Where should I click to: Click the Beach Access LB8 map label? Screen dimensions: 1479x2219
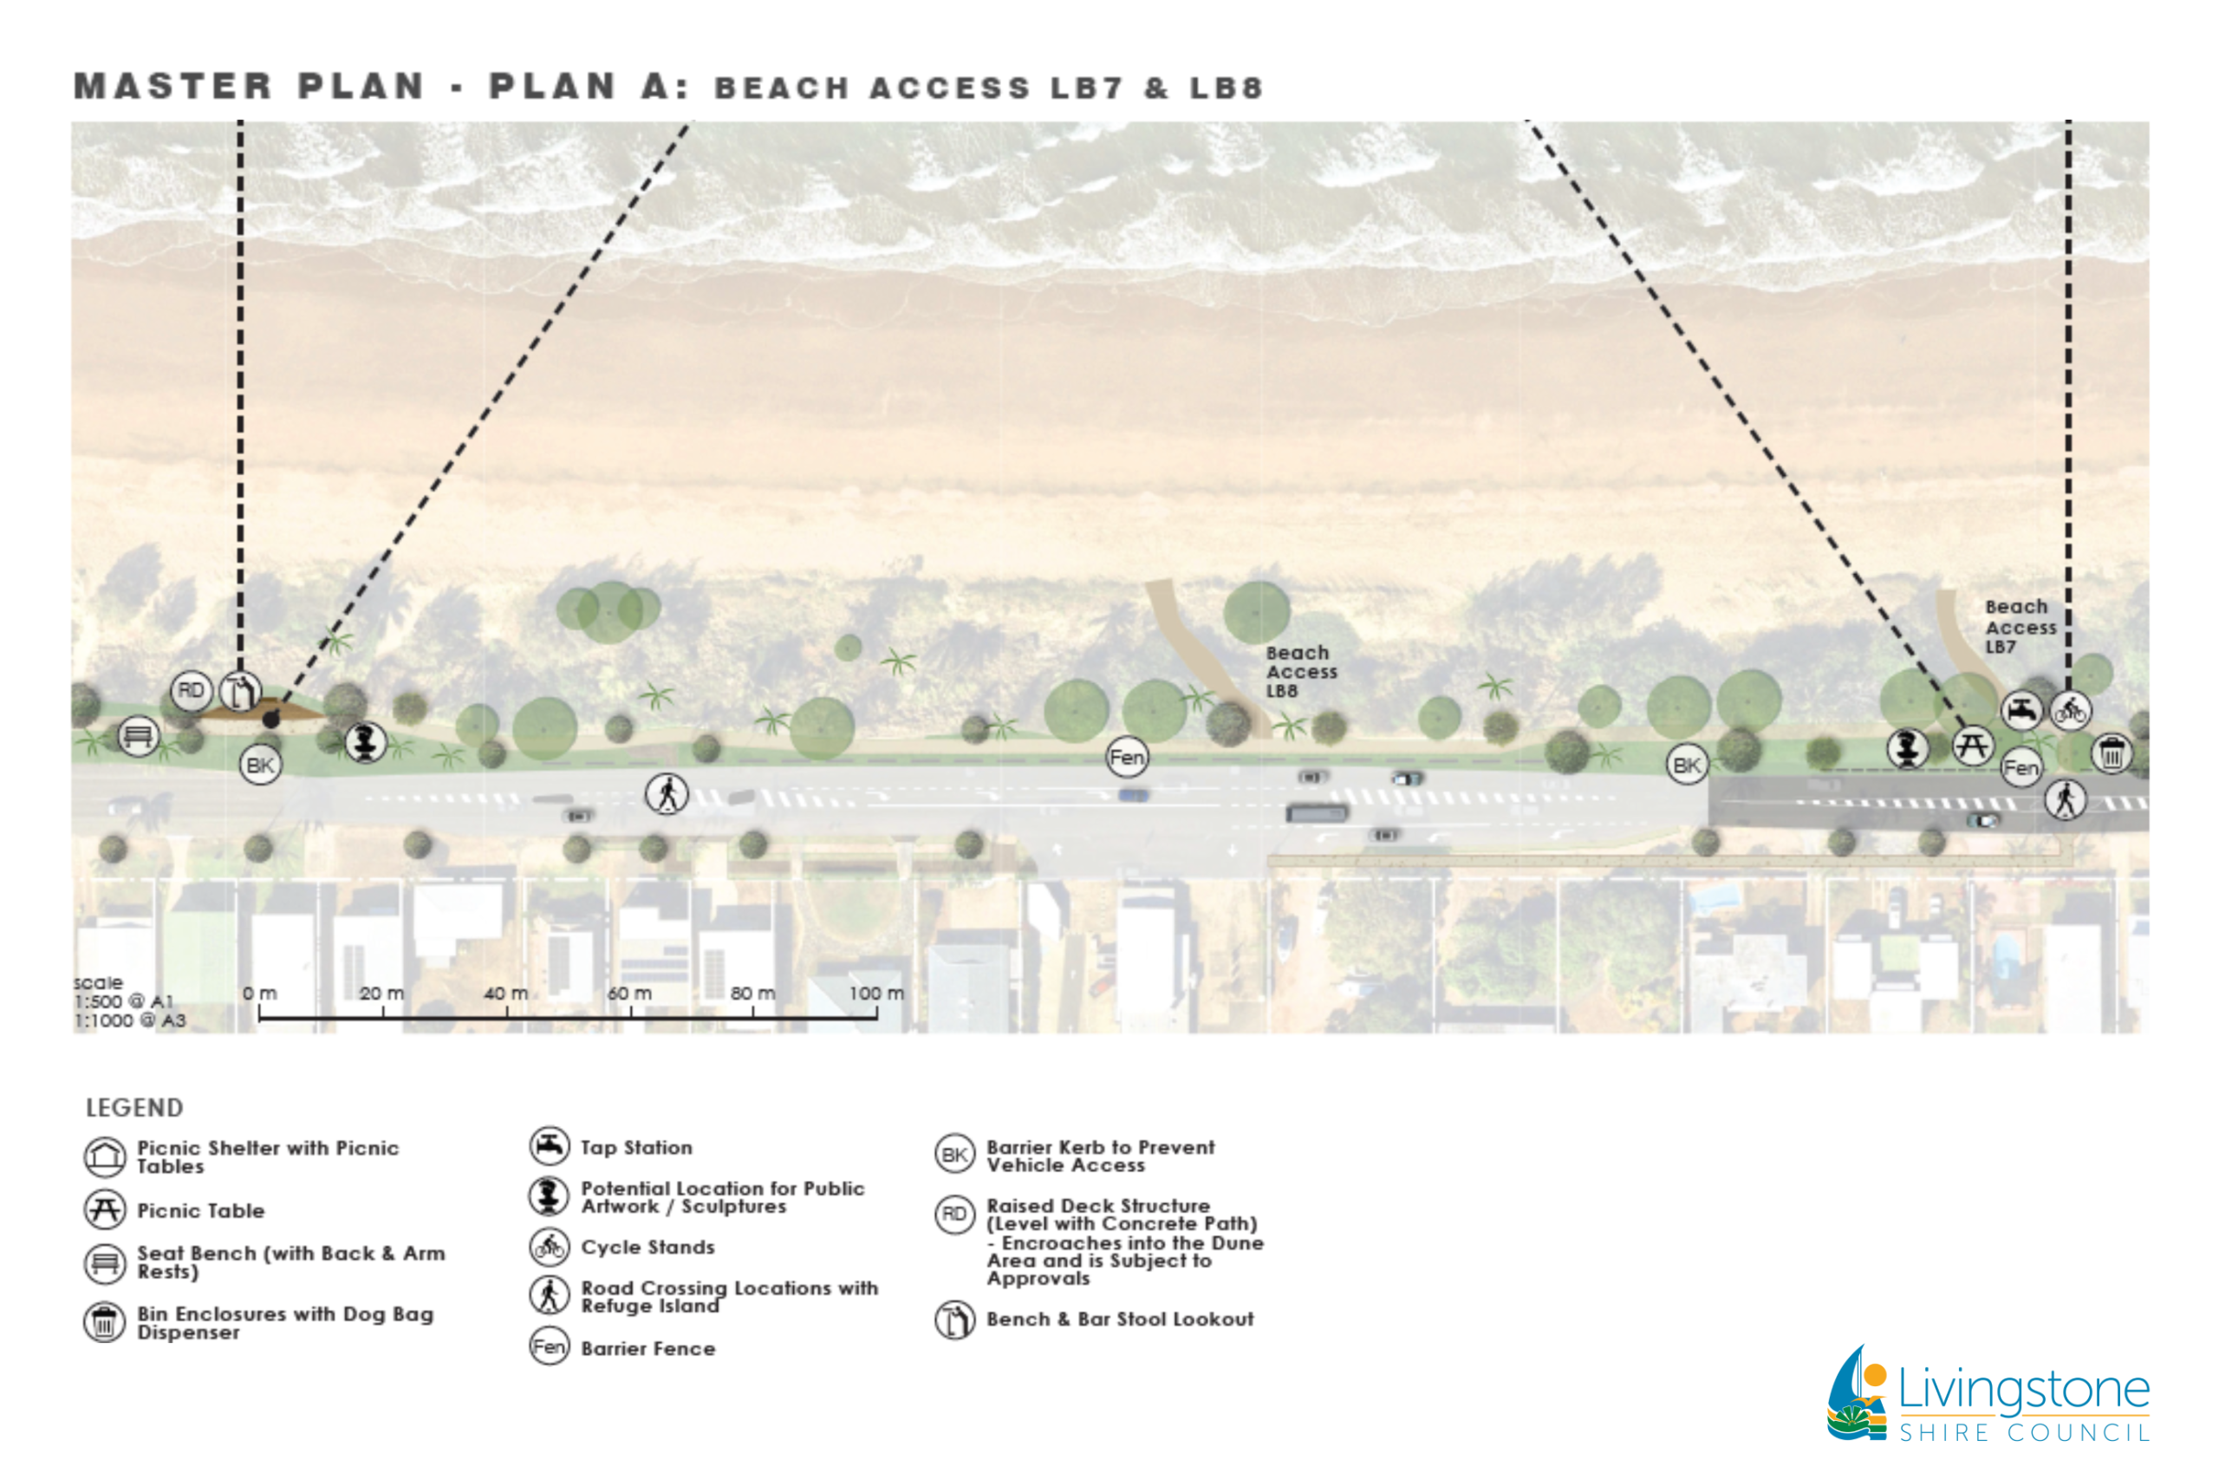click(1300, 671)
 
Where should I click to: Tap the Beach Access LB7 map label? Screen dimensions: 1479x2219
click(2019, 626)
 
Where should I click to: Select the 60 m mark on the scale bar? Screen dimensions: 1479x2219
click(630, 994)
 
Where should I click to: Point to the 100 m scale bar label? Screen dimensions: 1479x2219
click(875, 994)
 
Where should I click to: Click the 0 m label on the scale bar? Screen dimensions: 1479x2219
click(259, 994)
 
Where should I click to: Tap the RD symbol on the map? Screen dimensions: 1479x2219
click(191, 690)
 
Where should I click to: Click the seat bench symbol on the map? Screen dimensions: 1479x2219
click(138, 736)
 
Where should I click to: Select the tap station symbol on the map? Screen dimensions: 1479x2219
click(2021, 710)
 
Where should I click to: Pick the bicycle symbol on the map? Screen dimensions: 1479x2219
click(2070, 710)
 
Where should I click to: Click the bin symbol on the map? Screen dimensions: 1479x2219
click(2112, 753)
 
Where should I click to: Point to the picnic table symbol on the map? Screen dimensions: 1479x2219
click(1972, 746)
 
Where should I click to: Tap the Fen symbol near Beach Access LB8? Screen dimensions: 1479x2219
click(1127, 757)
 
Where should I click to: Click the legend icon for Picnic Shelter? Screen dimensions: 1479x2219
click(105, 1156)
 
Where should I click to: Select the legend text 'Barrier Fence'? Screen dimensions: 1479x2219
click(647, 1349)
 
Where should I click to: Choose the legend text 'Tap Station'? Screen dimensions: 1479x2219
click(636, 1148)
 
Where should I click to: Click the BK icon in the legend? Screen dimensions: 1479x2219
click(954, 1155)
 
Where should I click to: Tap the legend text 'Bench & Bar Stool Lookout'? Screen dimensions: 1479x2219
click(1119, 1319)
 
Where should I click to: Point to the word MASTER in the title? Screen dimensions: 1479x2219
click(172, 86)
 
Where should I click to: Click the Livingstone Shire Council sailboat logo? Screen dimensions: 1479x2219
click(1857, 1393)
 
